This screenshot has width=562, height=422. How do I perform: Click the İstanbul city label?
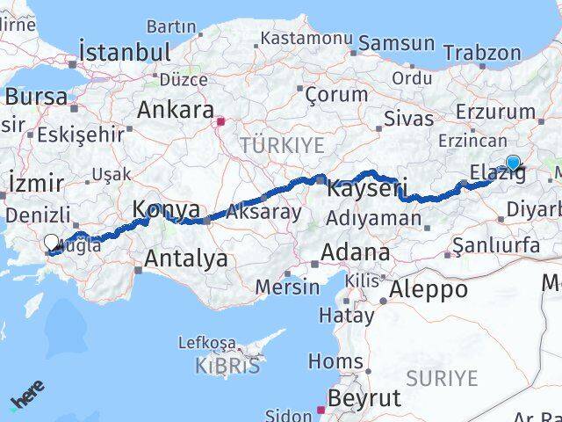[x=125, y=52]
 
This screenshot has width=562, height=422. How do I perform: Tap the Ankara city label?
[x=176, y=111]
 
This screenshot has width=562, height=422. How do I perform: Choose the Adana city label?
[x=355, y=253]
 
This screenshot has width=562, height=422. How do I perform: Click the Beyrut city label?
[x=364, y=397]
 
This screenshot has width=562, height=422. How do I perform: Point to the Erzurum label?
[x=495, y=112]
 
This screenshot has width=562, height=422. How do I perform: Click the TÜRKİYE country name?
[x=283, y=144]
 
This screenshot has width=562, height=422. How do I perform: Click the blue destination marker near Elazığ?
[x=513, y=163]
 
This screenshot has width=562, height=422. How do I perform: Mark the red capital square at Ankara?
[x=220, y=121]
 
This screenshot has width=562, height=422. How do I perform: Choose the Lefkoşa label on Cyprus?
[x=206, y=343]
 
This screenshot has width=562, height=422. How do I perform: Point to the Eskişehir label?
[x=80, y=135]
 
